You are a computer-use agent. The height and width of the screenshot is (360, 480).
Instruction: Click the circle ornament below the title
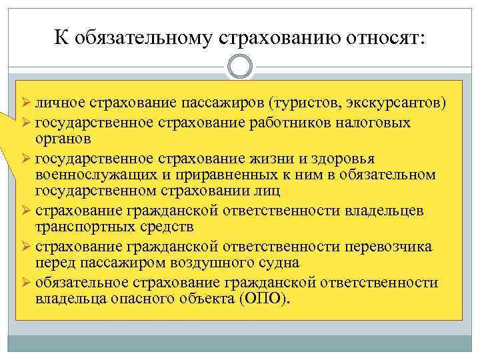(x=239, y=67)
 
